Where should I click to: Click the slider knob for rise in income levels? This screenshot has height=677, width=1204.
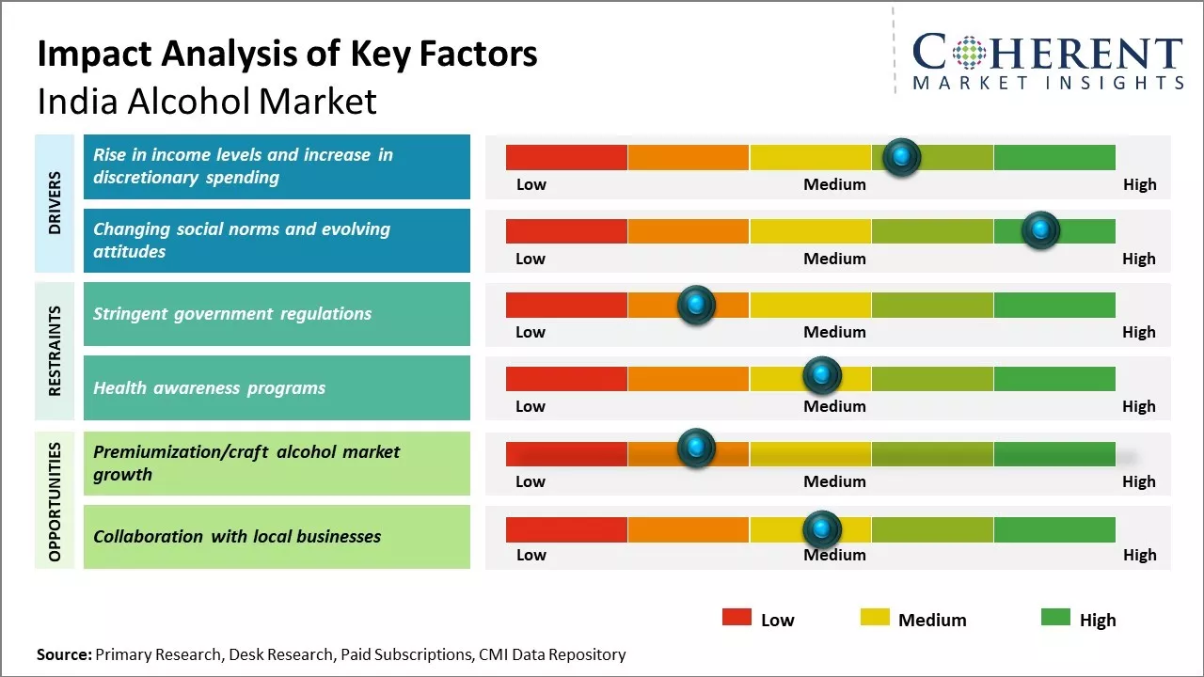click(x=902, y=157)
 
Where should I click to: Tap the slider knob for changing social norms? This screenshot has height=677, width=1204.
click(x=1040, y=230)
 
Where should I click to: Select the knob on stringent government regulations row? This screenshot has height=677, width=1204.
click(x=696, y=305)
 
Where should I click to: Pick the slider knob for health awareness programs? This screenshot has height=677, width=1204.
click(x=821, y=376)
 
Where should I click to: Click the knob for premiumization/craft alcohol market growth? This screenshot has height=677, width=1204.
click(x=696, y=449)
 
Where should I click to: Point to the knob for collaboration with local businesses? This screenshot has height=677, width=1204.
click(x=821, y=529)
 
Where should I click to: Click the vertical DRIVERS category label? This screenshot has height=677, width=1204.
click(x=55, y=203)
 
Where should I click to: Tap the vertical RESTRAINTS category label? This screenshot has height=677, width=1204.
click(x=55, y=351)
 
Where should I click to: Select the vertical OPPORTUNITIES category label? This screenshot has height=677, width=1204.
click(x=55, y=501)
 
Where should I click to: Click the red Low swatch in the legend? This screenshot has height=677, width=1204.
click(x=737, y=617)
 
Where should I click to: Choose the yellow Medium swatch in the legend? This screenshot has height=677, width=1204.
click(x=875, y=617)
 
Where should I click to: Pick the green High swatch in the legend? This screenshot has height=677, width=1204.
click(x=1055, y=617)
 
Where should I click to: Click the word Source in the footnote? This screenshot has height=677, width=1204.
click(x=64, y=654)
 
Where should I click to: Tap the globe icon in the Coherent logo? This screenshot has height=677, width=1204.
click(x=969, y=53)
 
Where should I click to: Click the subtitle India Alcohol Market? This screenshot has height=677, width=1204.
click(x=207, y=102)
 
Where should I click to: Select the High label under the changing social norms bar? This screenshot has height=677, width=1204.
click(x=1138, y=259)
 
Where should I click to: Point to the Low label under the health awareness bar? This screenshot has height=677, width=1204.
click(x=531, y=406)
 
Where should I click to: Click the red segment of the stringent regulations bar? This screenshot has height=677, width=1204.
click(x=566, y=305)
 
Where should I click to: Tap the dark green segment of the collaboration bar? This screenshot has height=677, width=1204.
click(x=1054, y=529)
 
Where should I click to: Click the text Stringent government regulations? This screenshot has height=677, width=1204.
click(x=232, y=314)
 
